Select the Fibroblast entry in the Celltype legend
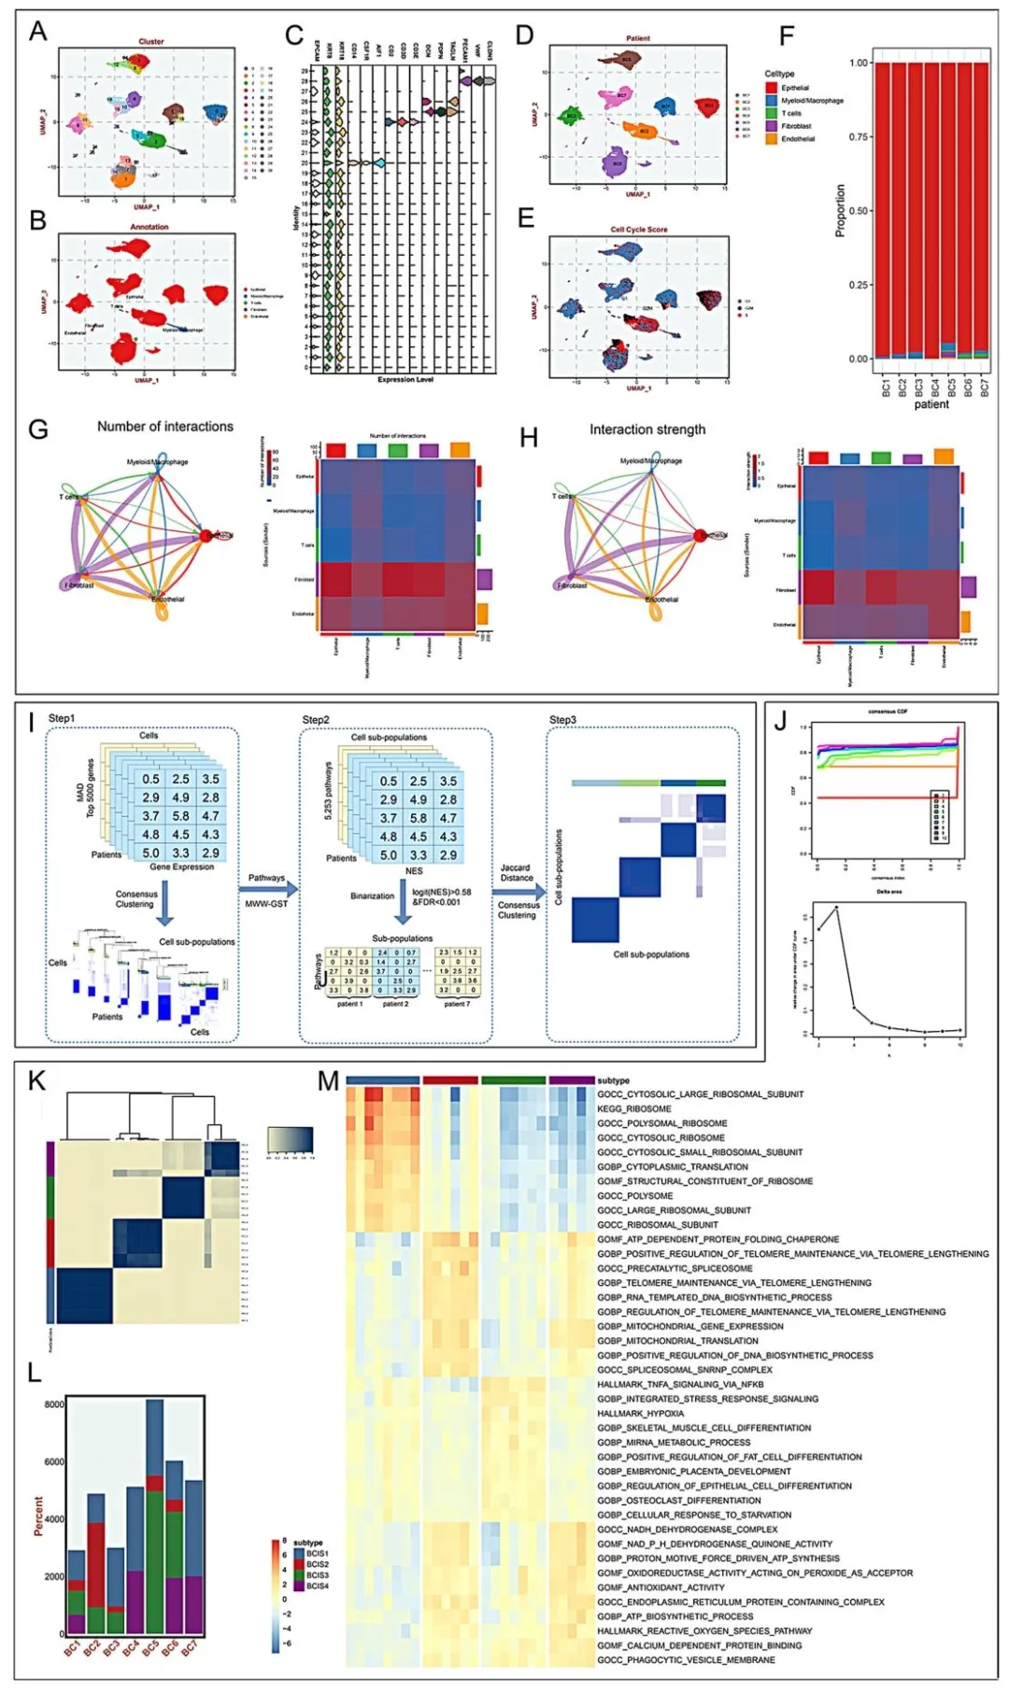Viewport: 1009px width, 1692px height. point(797,126)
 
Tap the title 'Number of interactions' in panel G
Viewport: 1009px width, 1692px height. point(165,427)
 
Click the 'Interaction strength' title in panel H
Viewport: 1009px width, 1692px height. point(647,430)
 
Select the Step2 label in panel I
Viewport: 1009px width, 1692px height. point(316,720)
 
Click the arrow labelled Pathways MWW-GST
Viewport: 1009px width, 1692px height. point(268,890)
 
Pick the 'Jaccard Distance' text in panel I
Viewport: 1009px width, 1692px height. point(516,872)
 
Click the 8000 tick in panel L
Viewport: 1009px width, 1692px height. point(54,1404)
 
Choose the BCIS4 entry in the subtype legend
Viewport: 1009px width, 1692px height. point(318,1586)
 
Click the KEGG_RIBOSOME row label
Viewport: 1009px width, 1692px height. point(634,1109)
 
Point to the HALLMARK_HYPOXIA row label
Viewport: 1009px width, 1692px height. point(641,1414)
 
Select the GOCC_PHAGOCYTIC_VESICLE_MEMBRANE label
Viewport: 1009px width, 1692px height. point(686,1660)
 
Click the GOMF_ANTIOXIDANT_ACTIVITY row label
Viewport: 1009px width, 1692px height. point(661,1587)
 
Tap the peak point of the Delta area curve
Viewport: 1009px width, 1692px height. point(836,907)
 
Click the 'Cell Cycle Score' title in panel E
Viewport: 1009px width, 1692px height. point(639,229)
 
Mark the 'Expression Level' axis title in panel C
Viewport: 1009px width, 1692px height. point(405,380)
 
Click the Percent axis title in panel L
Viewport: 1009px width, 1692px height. point(38,1516)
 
